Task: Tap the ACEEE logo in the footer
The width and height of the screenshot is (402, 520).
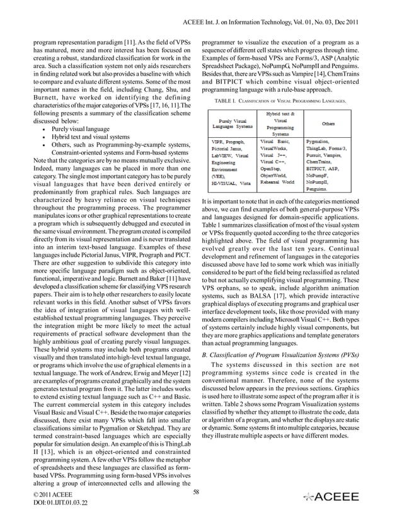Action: (333, 497)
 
